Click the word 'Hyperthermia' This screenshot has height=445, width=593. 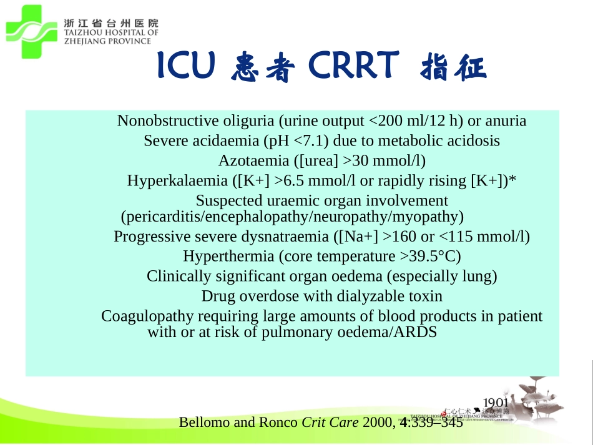click(x=229, y=257)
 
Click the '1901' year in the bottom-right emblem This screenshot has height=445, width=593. click(x=496, y=403)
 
